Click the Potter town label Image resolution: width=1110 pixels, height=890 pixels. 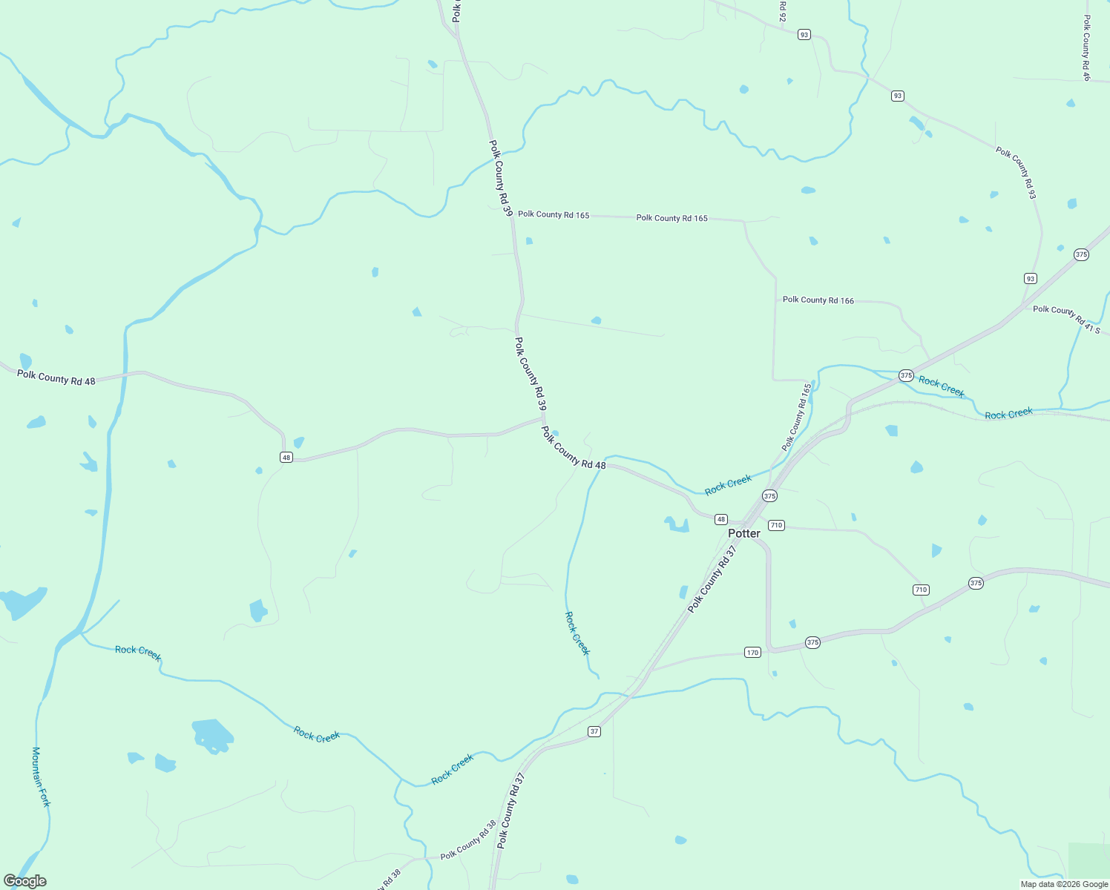[743, 533]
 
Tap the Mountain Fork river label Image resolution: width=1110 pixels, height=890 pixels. [41, 777]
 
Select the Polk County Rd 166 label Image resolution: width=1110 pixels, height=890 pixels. [818, 300]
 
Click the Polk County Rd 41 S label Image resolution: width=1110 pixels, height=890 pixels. [1066, 319]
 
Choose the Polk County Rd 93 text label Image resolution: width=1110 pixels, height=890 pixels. [1016, 173]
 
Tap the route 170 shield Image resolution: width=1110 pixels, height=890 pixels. [752, 653]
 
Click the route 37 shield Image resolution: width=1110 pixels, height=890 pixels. [594, 732]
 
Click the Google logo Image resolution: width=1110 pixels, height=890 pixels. [24, 881]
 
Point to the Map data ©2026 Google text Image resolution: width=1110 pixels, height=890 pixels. [1064, 884]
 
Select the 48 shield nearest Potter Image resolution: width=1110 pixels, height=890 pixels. [721, 519]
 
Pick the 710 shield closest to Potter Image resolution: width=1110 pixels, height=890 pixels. [776, 525]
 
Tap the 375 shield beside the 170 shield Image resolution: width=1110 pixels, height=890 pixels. [812, 642]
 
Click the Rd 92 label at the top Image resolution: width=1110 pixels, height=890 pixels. [782, 10]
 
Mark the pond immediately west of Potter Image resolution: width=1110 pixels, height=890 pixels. [677, 525]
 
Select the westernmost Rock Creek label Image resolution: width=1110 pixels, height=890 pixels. [138, 652]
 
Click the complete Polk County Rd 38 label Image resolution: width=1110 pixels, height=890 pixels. [468, 840]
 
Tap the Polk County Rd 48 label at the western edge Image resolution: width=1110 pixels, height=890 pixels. [56, 378]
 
